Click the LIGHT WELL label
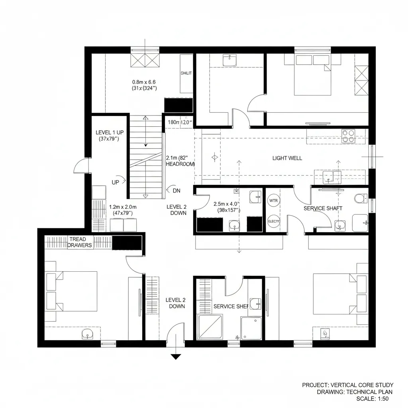287,158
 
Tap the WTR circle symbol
273,200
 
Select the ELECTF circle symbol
273,221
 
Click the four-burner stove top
348,136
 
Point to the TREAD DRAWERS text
80,242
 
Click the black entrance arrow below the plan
176,357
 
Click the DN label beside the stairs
177,191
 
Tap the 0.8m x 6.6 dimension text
144,85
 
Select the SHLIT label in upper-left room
186,73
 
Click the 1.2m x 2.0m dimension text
123,210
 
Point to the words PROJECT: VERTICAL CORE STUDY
347,385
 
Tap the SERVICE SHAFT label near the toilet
323,208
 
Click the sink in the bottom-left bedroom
87,334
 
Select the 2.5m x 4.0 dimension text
226,206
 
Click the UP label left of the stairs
116,182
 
